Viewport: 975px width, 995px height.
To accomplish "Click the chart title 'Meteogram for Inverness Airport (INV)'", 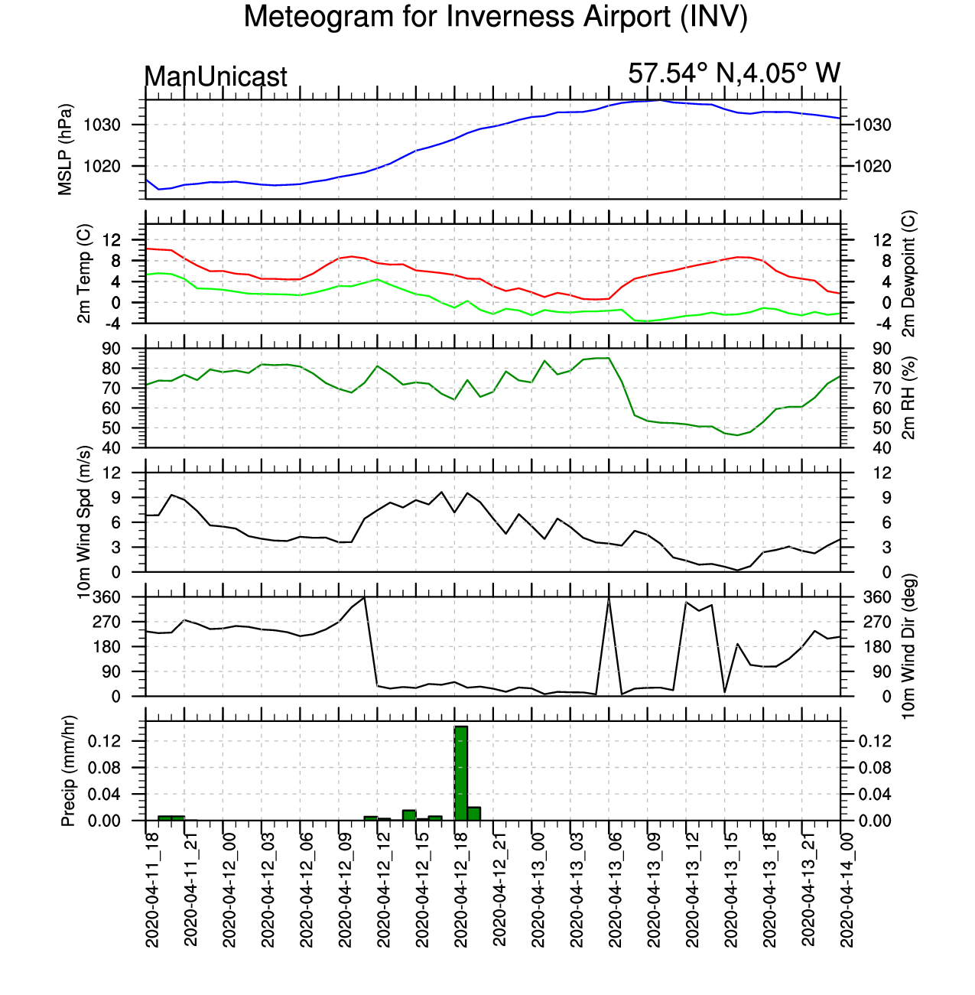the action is (x=496, y=17).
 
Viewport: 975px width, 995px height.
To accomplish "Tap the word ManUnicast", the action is (x=216, y=76).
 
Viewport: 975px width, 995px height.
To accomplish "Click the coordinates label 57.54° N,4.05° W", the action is (x=734, y=73).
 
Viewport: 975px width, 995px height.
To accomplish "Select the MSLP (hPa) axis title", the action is (x=65, y=150).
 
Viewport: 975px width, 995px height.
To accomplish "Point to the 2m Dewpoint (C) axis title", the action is (x=908, y=274).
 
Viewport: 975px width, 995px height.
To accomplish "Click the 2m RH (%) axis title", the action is (x=908, y=398).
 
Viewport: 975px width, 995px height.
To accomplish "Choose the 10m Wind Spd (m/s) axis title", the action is (x=83, y=522).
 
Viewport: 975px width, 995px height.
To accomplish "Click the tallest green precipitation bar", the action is (x=461, y=773).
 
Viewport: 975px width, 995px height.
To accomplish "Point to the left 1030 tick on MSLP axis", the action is (x=102, y=125).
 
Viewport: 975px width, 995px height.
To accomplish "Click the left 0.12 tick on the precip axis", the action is (x=104, y=742).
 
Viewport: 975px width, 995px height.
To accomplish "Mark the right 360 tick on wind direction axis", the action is (x=877, y=597).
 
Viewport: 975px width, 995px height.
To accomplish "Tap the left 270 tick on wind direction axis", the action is (x=106, y=623).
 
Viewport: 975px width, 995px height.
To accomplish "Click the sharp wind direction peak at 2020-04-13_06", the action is (x=609, y=598).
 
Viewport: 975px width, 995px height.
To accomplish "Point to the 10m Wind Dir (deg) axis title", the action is (x=908, y=646).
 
